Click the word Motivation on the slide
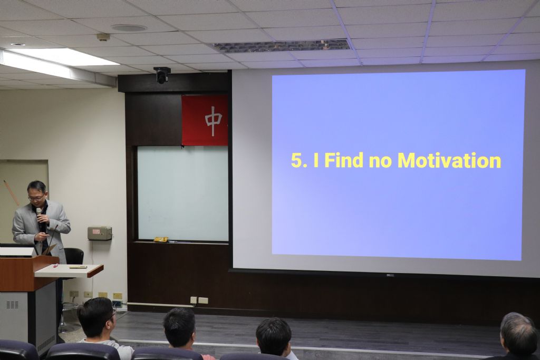pyautogui.click(x=449, y=160)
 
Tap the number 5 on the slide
pyautogui.click(x=296, y=161)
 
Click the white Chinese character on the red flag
pyautogui.click(x=214, y=121)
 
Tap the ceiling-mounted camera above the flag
pyautogui.click(x=162, y=75)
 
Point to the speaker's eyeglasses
pyautogui.click(x=36, y=198)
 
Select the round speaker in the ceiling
pyautogui.click(x=129, y=28)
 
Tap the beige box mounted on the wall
pyautogui.click(x=100, y=233)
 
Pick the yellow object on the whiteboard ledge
pyautogui.click(x=160, y=239)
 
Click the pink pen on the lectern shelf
pyautogui.click(x=55, y=266)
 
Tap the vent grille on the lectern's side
pyautogui.click(x=13, y=305)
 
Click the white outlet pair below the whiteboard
pyautogui.click(x=199, y=300)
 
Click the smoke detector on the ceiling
pyautogui.click(x=103, y=37)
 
